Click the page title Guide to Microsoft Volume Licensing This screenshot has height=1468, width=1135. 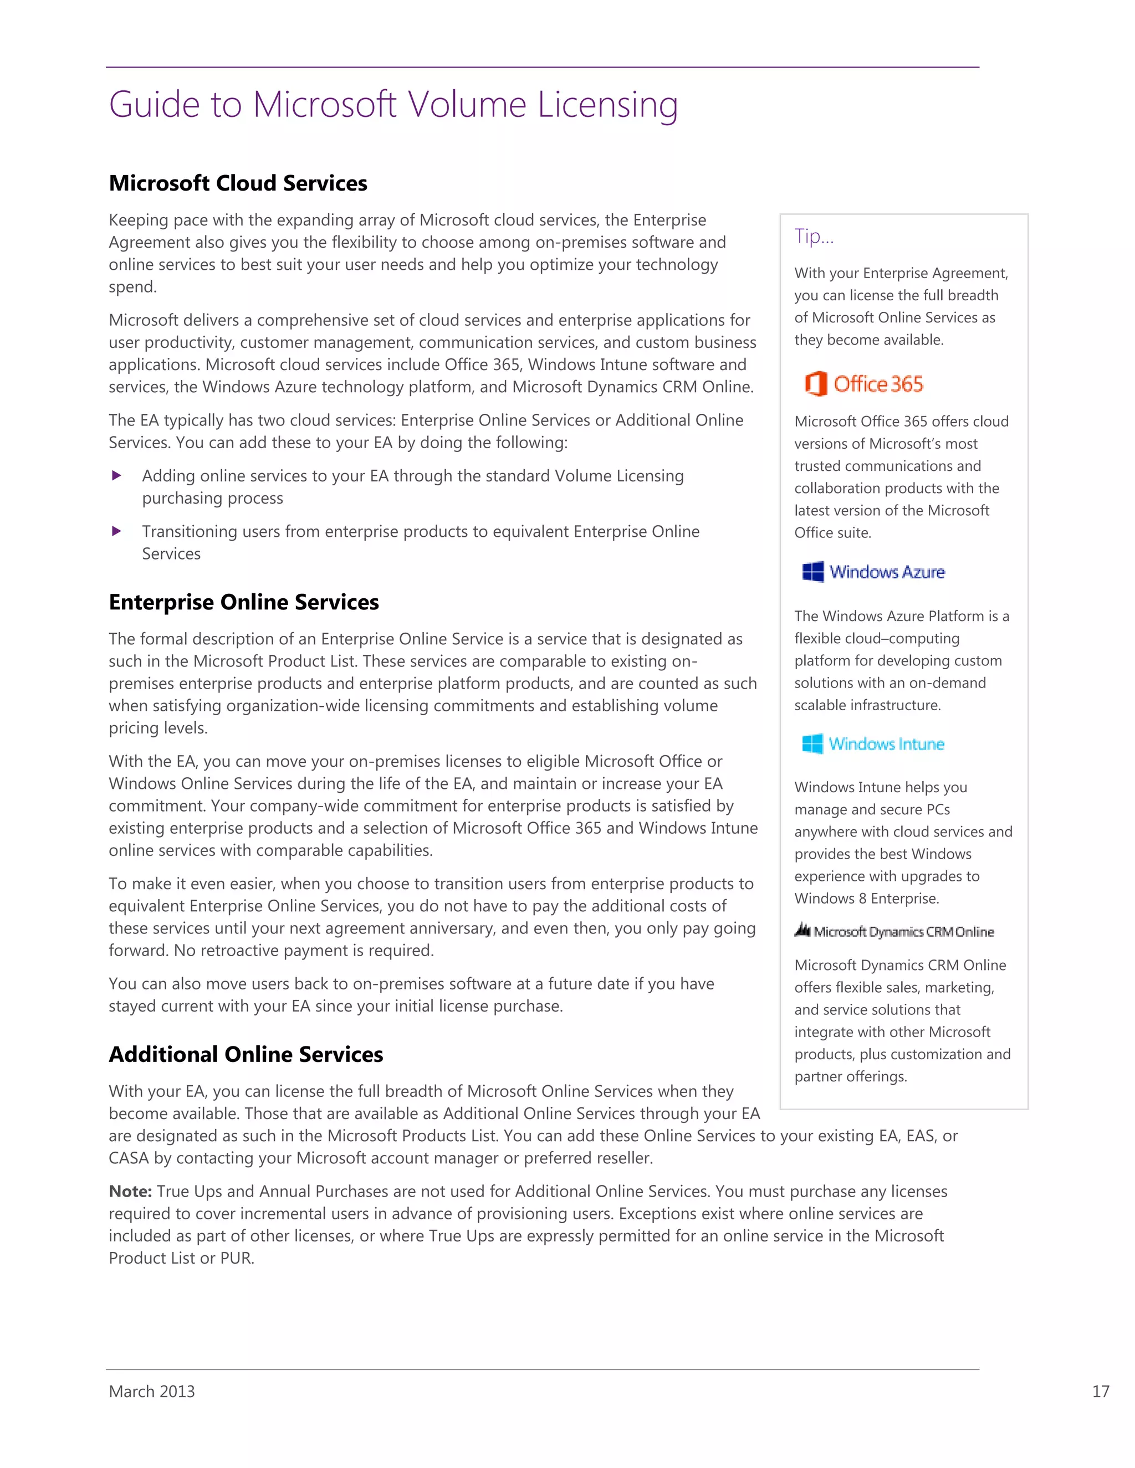point(393,105)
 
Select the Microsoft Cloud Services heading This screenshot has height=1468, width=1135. point(238,183)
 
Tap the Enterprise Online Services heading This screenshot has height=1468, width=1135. point(243,602)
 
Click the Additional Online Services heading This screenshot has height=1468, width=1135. point(246,1054)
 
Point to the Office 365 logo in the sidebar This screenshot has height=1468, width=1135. point(865,384)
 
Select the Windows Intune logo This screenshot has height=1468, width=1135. point(873,743)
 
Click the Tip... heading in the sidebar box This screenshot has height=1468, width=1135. point(814,236)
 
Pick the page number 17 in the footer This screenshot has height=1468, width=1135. point(1100,1392)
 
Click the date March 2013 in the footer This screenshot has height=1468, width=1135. point(152,1392)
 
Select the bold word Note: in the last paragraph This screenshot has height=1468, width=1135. point(130,1191)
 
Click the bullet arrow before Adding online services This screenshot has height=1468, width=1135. point(116,476)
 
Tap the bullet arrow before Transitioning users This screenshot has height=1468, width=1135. point(116,531)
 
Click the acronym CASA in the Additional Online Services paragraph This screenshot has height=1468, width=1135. point(129,1158)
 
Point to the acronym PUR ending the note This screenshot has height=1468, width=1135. point(236,1258)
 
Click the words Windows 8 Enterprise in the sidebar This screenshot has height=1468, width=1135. point(866,899)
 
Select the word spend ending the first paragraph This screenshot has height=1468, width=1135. point(132,287)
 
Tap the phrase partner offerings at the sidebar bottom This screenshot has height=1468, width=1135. point(850,1077)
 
